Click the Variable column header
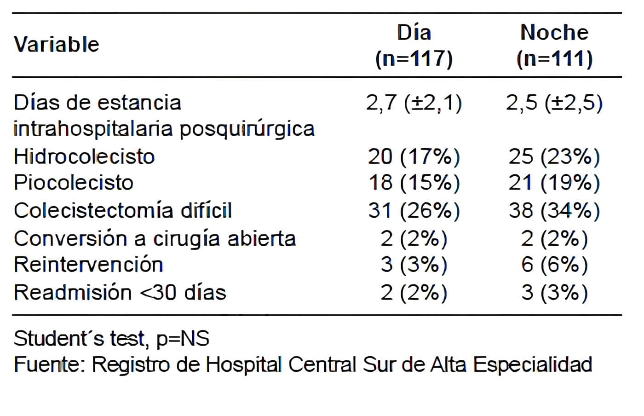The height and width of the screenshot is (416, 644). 56,45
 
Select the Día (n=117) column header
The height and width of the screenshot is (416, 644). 414,46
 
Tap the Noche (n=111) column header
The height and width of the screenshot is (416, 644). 554,46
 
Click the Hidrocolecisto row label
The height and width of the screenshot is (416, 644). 84,156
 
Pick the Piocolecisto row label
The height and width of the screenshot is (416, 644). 74,183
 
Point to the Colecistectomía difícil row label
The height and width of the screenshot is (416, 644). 123,211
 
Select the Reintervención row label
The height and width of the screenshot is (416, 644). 88,265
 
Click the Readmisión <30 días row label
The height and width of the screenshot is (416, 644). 120,292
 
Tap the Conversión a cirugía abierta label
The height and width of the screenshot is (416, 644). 155,238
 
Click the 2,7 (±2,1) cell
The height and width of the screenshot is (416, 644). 414,103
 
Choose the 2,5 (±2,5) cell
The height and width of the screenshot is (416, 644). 554,103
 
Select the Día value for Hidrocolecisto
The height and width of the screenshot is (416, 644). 414,157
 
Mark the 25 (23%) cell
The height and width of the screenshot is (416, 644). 554,157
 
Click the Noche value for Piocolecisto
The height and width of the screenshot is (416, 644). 554,183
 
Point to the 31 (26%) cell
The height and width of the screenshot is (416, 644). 414,211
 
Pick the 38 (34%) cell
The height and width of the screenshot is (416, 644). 554,211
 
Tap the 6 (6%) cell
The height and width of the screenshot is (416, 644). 554,265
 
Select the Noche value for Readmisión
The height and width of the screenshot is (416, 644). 554,293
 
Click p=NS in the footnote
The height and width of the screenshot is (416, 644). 183,339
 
